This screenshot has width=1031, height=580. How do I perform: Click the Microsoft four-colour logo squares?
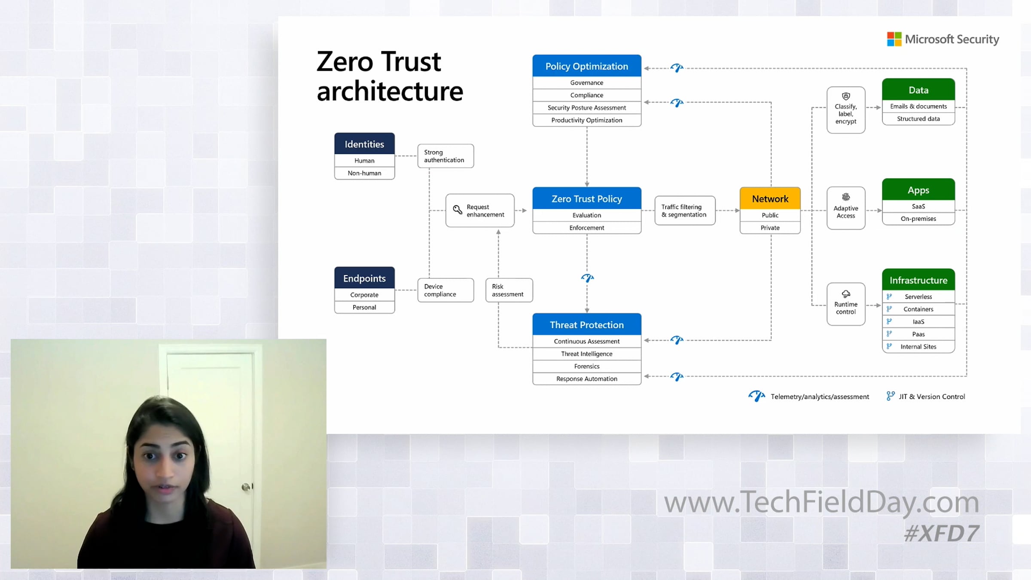click(x=894, y=39)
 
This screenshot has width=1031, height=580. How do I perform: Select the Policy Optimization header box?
click(x=586, y=66)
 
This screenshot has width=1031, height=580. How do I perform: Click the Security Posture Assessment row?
click(x=586, y=107)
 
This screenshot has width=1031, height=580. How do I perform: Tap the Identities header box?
click(x=364, y=144)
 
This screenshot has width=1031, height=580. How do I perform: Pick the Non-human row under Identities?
click(x=364, y=173)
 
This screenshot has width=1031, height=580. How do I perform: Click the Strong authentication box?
click(x=445, y=156)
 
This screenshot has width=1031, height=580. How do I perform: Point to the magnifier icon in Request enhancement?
click(x=458, y=210)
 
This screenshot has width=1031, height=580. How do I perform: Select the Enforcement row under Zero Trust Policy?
click(x=586, y=228)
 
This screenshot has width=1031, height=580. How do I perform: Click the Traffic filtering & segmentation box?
click(x=684, y=211)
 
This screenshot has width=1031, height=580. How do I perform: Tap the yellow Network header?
click(x=770, y=198)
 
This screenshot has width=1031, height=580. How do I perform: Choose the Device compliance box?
click(x=445, y=290)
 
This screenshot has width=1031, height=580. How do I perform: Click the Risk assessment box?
click(x=509, y=290)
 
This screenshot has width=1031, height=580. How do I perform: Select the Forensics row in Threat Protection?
click(x=586, y=366)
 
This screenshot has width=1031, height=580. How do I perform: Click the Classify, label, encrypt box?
click(x=845, y=110)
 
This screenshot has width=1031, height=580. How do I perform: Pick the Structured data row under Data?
click(x=918, y=119)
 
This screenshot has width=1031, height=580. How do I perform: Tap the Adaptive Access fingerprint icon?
click(x=845, y=197)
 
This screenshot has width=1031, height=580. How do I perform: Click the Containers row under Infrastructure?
click(x=918, y=309)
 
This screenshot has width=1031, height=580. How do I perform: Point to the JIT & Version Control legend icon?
click(x=890, y=396)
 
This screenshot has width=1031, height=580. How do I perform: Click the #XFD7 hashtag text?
click(x=941, y=534)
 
